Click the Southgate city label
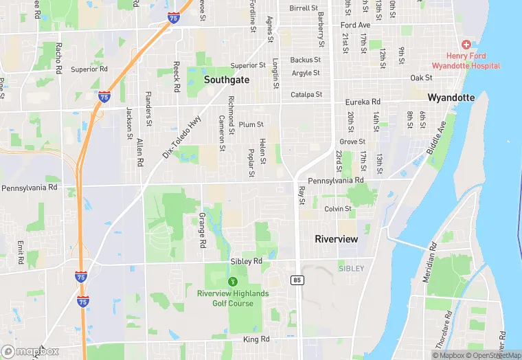(x=227, y=80)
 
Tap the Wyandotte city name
(x=451, y=98)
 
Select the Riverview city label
(x=336, y=239)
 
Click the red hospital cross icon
(x=466, y=44)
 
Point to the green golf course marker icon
(x=233, y=281)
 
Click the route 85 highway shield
(x=297, y=280)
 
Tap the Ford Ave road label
(x=355, y=25)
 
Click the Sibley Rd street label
(x=246, y=262)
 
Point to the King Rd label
(x=256, y=339)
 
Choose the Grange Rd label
(x=203, y=230)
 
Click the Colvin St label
(x=338, y=209)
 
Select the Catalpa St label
(x=306, y=95)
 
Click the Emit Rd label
(x=21, y=250)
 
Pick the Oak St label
(x=421, y=78)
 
